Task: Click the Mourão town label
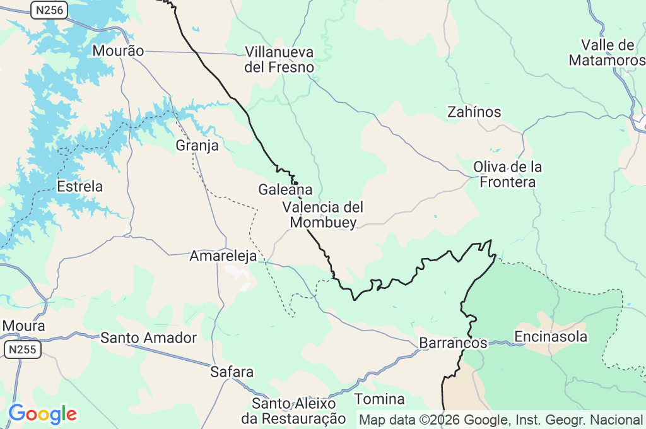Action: click(x=118, y=51)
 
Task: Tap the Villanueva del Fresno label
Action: click(x=279, y=59)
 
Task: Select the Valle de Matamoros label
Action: click(x=607, y=53)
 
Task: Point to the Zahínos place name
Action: click(x=474, y=112)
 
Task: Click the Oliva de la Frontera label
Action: click(x=508, y=175)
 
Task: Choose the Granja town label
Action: click(x=197, y=146)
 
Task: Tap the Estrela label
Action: click(x=79, y=187)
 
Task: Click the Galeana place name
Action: click(x=285, y=189)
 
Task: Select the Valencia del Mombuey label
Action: click(x=323, y=214)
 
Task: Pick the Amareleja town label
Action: click(x=223, y=256)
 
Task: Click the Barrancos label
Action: click(x=453, y=343)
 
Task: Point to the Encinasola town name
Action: click(x=551, y=337)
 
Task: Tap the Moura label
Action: click(x=24, y=326)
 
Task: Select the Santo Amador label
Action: click(x=148, y=338)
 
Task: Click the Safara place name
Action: click(x=232, y=372)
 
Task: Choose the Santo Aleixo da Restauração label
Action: click(x=294, y=411)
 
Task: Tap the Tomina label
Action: click(x=379, y=399)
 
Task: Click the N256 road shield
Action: click(x=49, y=9)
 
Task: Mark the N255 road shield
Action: click(x=23, y=349)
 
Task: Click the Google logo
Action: click(x=42, y=414)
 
